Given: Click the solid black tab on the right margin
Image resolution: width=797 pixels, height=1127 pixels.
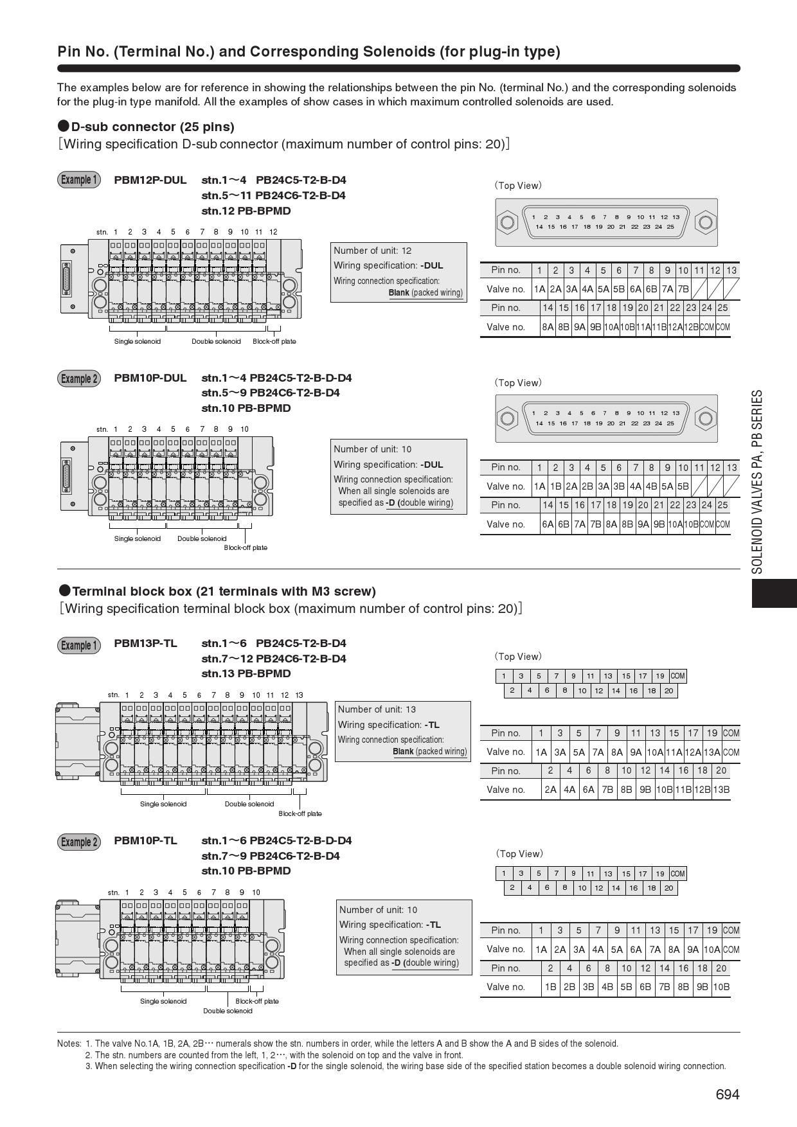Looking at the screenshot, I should (774, 593).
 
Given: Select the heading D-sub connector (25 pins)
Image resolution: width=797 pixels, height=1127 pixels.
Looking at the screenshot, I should (152, 127).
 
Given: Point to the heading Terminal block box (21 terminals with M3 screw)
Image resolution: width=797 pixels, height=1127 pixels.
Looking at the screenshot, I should (224, 591).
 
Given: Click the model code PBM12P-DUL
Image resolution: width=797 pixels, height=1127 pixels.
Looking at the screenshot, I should (150, 180).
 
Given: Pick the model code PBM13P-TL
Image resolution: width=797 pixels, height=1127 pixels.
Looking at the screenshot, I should (145, 643).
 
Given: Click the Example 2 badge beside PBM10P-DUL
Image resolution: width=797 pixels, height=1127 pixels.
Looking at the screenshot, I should (79, 378).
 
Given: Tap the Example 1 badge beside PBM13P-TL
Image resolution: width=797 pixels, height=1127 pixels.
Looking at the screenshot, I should (79, 645).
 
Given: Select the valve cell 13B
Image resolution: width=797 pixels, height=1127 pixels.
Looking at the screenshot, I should (721, 790).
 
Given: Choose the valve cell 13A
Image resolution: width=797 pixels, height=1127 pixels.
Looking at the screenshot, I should (712, 752).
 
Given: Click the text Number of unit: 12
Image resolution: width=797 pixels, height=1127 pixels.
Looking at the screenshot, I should (372, 251).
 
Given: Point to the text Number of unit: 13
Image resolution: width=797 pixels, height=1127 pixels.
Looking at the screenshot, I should (377, 709).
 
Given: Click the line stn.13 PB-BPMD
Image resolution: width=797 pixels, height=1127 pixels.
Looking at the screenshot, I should (246, 673).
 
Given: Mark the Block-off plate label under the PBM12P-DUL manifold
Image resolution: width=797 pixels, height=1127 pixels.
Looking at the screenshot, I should (274, 341).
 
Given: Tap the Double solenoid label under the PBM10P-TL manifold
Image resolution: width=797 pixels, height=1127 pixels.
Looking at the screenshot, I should (228, 1011).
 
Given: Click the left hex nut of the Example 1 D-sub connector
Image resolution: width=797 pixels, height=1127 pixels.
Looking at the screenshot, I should (507, 223).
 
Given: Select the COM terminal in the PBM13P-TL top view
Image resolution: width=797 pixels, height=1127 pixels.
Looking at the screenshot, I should (677, 676).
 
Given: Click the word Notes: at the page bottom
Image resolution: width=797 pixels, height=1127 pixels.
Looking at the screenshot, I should (69, 1043).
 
